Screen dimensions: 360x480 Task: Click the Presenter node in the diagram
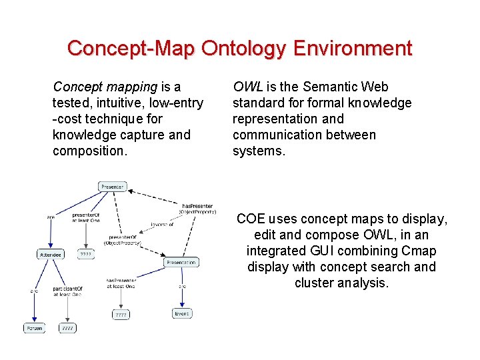click(112, 187)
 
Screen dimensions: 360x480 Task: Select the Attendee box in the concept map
click(51, 254)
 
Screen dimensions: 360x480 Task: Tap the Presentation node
click(181, 263)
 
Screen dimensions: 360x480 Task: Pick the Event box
click(181, 313)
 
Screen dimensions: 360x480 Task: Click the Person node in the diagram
click(34, 328)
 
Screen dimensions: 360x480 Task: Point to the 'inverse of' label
click(162, 225)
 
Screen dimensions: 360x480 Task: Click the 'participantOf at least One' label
click(67, 292)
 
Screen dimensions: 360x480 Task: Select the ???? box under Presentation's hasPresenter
click(121, 314)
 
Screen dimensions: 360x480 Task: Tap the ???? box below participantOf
click(67, 328)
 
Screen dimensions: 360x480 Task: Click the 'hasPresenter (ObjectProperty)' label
click(198, 209)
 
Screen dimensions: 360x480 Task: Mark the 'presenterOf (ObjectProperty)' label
click(122, 240)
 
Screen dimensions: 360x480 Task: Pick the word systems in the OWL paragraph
click(257, 151)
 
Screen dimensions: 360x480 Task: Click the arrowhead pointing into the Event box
click(181, 305)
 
